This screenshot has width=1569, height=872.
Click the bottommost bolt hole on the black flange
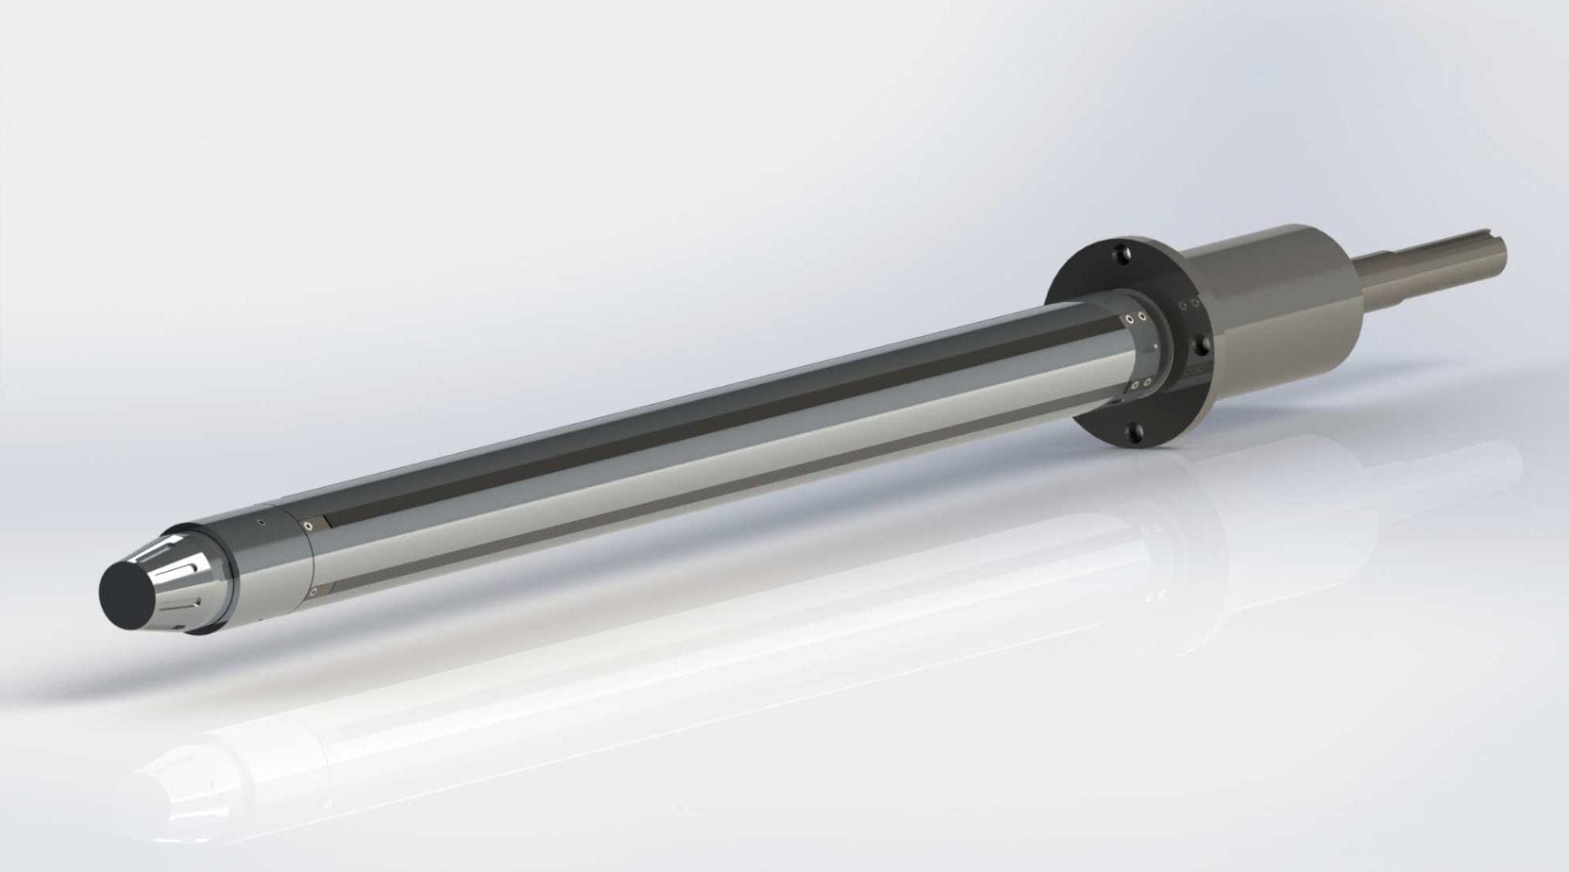pyautogui.click(x=1134, y=433)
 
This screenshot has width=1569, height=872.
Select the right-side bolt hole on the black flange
pyautogui.click(x=1203, y=344)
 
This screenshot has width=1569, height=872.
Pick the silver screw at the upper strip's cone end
pyautogui.click(x=308, y=526)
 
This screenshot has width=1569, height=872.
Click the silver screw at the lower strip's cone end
pyautogui.click(x=313, y=592)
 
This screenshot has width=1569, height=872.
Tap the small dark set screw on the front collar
pyautogui.click(x=261, y=522)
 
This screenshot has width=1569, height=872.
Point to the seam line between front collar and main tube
pyautogui.click(x=311, y=558)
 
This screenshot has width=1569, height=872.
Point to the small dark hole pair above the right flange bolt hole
pyautogui.click(x=1189, y=304)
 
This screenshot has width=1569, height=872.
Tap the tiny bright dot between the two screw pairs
pyautogui.click(x=1156, y=346)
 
